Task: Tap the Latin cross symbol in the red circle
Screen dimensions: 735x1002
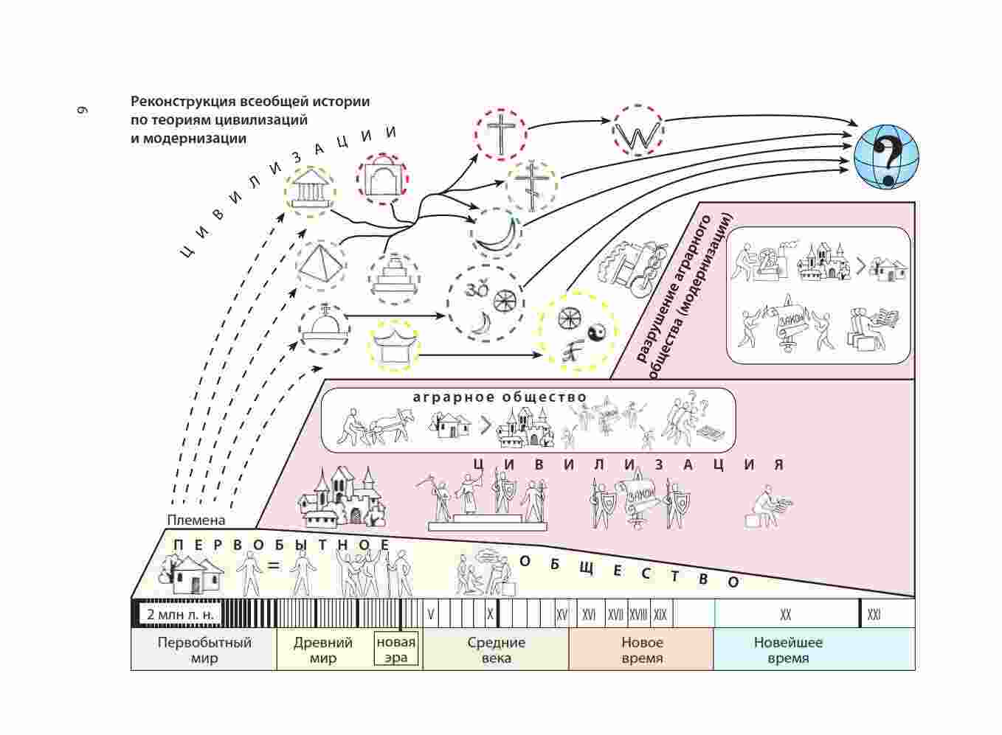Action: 500,133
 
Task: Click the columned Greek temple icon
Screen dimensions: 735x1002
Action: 311,190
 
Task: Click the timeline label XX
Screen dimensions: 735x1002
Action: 786,614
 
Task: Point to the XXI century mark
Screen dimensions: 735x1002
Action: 874,614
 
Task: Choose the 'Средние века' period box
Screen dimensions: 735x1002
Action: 496,649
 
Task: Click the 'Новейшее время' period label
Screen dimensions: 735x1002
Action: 788,649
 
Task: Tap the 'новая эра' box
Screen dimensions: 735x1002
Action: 396,649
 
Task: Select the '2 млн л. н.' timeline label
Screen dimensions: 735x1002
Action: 180,614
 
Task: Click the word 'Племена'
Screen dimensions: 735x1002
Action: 196,520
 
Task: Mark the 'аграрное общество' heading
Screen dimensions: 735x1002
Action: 500,397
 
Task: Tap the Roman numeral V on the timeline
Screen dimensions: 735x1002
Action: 430,613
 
